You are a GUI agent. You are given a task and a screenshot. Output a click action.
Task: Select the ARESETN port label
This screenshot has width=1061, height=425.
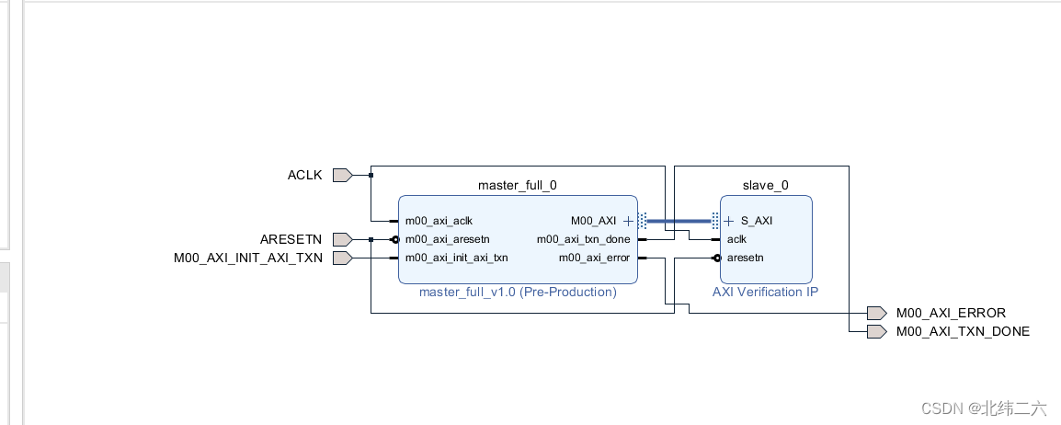tap(291, 239)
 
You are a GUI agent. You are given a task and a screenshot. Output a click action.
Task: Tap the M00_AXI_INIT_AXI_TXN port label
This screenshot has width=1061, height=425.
tap(248, 258)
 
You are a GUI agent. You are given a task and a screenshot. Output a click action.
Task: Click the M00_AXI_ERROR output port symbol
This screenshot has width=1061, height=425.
tap(876, 313)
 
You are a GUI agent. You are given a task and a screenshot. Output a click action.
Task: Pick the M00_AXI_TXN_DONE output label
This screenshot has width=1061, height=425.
tap(963, 331)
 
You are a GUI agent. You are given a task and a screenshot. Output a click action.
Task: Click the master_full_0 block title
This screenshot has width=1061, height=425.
tap(517, 185)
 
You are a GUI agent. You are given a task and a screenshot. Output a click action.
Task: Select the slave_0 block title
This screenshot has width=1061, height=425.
tap(766, 185)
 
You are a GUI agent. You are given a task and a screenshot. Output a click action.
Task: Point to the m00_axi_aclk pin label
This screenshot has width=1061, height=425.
tap(439, 221)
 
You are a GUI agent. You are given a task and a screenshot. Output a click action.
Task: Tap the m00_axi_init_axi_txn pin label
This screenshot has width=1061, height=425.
tap(456, 258)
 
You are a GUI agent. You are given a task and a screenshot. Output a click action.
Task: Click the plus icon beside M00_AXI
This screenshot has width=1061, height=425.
tap(628, 221)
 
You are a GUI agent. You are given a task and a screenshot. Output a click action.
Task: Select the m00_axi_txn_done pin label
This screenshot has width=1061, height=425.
tap(584, 239)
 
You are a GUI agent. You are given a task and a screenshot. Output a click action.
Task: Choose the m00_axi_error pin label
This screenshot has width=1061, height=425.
tap(594, 258)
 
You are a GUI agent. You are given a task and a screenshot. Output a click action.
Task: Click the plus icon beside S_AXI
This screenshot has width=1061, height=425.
tap(729, 221)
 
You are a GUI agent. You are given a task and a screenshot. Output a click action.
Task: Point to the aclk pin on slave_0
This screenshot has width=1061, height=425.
tap(736, 239)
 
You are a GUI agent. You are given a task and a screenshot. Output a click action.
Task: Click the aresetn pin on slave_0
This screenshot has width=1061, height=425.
tap(745, 258)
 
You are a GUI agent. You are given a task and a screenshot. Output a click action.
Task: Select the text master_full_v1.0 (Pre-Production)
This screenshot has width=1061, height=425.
tap(518, 292)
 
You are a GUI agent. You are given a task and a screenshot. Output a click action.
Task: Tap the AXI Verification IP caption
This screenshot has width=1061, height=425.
tap(765, 292)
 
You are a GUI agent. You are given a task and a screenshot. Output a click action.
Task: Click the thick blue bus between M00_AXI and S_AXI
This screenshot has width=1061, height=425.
tap(679, 221)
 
